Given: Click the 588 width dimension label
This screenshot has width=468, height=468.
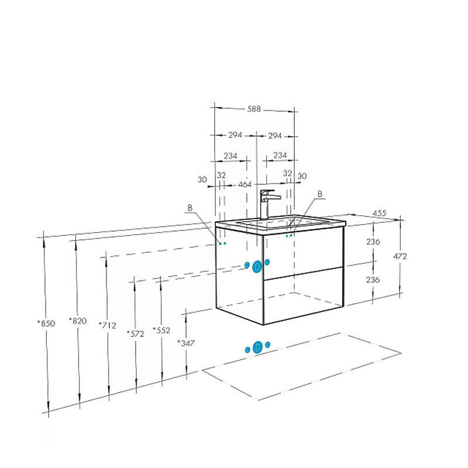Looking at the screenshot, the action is point(254,109).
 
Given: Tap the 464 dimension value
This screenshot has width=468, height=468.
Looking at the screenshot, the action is point(245,184).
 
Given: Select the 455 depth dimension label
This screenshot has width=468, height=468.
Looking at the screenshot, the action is point(379,213).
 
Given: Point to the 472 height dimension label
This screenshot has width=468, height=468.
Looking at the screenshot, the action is point(400,256).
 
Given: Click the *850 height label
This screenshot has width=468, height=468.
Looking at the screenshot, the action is point(46,324).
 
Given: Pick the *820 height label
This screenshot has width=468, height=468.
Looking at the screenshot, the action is point(78,321).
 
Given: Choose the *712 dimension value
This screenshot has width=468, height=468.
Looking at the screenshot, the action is point(108,325).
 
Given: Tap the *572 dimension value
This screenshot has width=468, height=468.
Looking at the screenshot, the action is point(136,333).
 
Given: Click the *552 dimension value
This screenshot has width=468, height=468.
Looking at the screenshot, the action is point(161,330).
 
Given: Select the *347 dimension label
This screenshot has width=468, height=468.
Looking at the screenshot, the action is point(186,343).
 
